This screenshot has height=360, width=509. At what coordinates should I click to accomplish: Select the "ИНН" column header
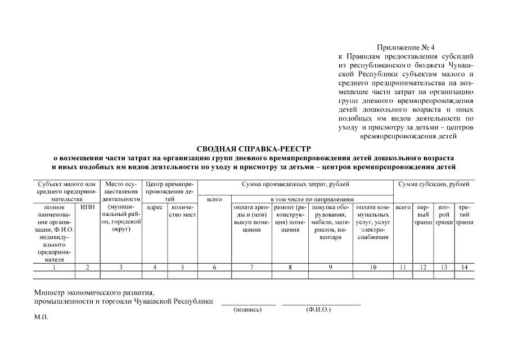[88, 207]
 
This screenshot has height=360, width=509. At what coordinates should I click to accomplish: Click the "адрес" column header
[155, 207]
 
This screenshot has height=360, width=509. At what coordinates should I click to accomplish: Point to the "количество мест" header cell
[183, 211]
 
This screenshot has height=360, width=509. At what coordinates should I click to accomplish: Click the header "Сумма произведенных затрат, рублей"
[295, 184]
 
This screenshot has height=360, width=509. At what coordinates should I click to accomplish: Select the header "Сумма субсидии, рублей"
[433, 184]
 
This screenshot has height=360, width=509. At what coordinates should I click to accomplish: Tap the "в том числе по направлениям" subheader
[312, 199]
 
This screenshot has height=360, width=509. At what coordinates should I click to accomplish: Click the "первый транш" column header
[423, 215]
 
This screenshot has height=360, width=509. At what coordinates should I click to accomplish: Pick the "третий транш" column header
[464, 215]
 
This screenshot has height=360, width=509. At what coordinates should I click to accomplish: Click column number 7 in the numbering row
[251, 267]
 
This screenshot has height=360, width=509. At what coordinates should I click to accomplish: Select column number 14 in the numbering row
[464, 267]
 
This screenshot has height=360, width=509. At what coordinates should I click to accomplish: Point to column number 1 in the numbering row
[54, 267]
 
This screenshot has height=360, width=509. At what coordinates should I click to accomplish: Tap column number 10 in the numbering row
[373, 267]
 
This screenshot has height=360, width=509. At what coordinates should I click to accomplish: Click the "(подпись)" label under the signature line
[247, 309]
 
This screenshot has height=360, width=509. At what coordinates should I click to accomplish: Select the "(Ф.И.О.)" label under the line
[318, 309]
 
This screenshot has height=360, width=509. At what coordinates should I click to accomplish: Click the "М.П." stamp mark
[41, 317]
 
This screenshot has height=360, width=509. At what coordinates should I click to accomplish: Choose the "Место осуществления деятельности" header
[121, 191]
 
